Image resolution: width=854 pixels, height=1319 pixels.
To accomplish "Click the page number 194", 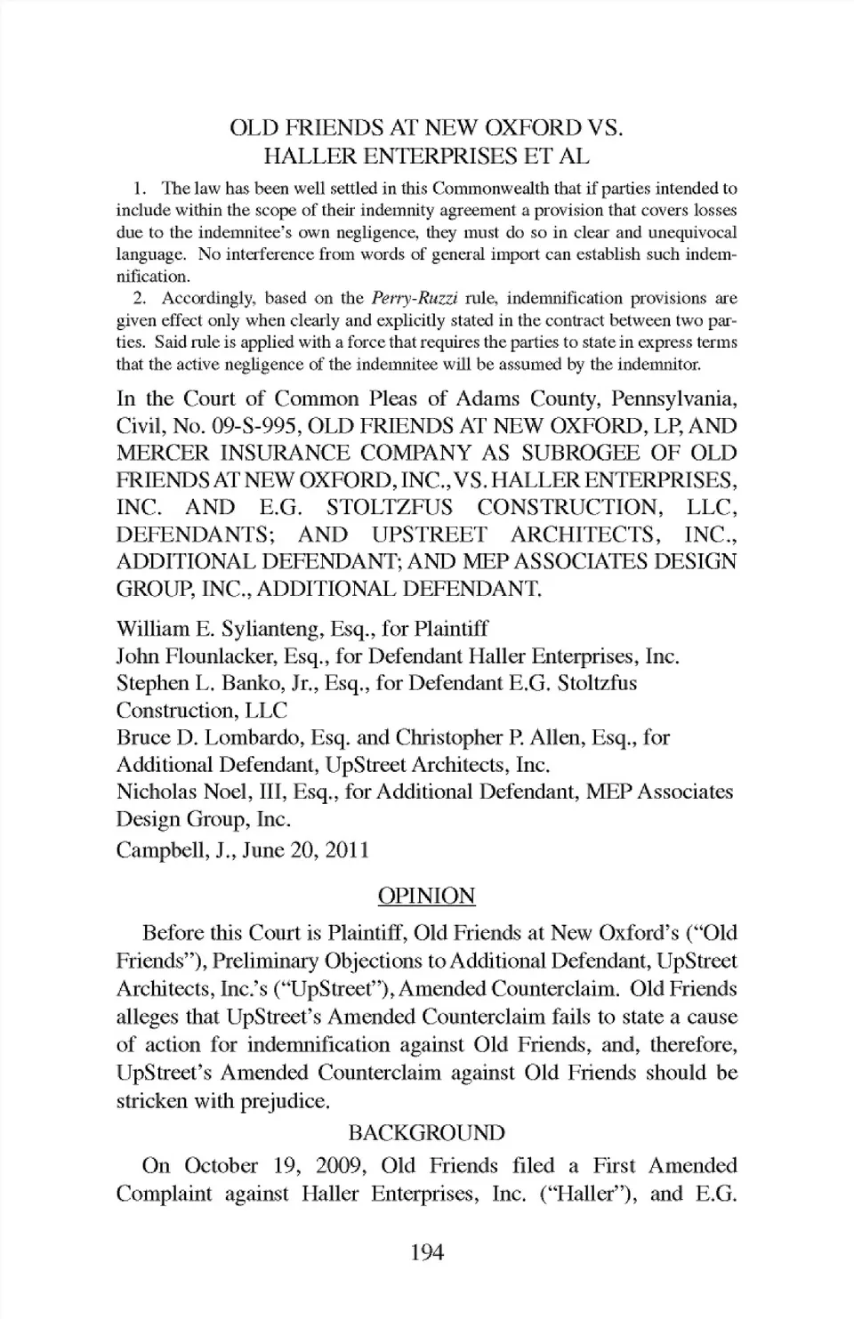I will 427,1252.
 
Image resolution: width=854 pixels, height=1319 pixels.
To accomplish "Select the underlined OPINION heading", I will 426,896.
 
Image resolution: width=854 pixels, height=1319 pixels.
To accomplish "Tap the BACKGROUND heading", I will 426,1132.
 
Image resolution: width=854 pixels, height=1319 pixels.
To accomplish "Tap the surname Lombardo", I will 255,737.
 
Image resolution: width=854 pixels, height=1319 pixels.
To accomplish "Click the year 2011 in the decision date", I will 346,849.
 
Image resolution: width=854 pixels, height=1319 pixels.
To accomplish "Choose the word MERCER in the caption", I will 161,454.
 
